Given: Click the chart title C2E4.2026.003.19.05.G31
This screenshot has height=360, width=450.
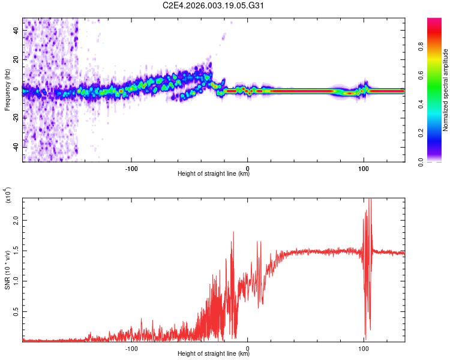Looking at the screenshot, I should (x=214, y=6).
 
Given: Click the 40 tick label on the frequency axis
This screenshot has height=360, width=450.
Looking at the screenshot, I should (x=16, y=32).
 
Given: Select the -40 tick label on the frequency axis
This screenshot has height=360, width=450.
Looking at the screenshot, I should (x=16, y=147).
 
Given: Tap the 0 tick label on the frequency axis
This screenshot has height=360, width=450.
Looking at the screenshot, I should (x=16, y=90).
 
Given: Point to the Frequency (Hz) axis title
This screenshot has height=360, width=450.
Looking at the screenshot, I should (x=7, y=90).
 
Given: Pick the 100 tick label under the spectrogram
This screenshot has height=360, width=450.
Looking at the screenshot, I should (x=363, y=167).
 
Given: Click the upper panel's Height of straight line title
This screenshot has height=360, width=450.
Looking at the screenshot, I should (x=214, y=174).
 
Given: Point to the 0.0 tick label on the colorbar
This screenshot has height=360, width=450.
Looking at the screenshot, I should (x=437, y=161).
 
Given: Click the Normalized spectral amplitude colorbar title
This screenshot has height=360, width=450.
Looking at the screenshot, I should (x=445, y=90).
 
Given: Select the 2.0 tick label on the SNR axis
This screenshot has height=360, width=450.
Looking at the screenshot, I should (x=16, y=220).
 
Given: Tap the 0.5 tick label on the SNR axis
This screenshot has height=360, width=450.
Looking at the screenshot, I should (x=16, y=312).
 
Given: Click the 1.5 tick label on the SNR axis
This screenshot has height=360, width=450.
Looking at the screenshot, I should (x=16, y=251).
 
